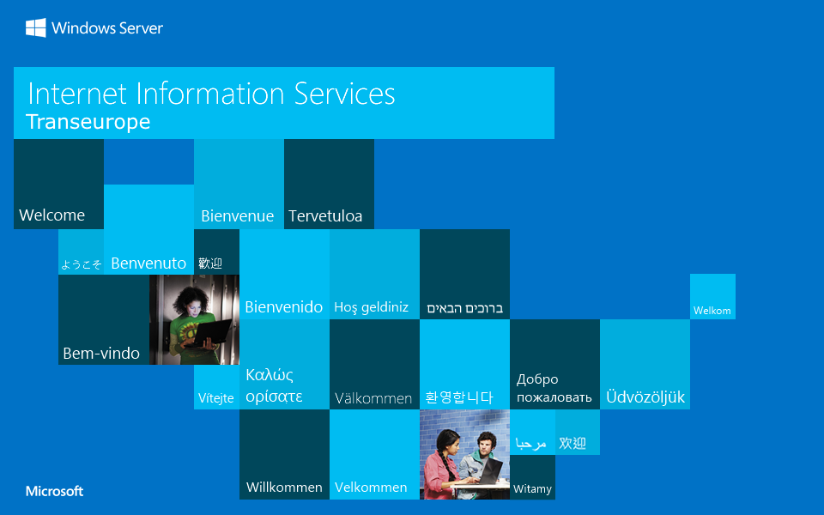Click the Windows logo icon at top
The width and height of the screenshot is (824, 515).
point(36,28)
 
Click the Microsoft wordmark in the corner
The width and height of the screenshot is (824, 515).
point(54,492)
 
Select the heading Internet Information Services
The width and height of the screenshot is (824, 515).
point(211,94)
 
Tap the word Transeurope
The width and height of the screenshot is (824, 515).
point(88,122)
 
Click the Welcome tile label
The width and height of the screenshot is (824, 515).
point(51,215)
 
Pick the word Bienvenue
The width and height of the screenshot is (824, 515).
point(237,216)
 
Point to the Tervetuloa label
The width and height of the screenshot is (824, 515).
point(325,216)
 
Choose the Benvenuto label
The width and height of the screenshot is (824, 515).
point(148,264)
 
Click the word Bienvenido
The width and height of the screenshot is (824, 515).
point(284,307)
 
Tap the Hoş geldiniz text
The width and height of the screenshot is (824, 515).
point(371,307)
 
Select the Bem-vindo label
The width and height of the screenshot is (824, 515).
point(101,354)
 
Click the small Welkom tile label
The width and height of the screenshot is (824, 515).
point(712,311)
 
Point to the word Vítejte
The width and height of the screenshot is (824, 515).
point(216,398)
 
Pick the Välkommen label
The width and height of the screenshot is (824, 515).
point(373,398)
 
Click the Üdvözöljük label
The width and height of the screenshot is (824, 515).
point(645,397)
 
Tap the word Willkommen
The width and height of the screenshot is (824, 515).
point(284,488)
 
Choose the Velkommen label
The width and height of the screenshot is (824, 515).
point(371,488)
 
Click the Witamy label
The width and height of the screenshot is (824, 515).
point(532,489)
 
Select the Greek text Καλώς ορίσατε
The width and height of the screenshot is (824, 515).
point(274,385)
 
